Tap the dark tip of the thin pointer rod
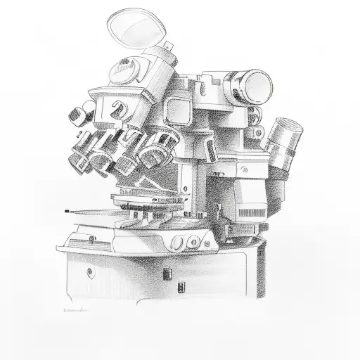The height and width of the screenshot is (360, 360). pyautogui.click(x=65, y=210)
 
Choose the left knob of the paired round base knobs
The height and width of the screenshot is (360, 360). pyautogui.click(x=175, y=243)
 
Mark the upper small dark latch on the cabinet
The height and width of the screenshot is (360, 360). pyautogui.click(x=166, y=271)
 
